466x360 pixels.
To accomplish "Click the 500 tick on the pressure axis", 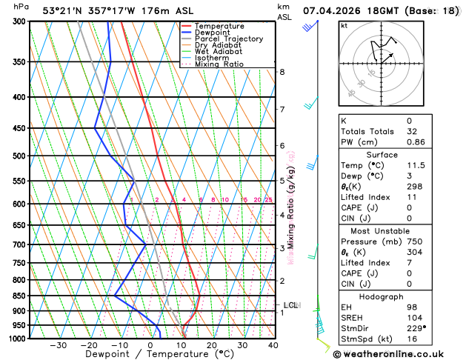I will [x=19, y=156].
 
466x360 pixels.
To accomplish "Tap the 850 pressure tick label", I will [x=19, y=296].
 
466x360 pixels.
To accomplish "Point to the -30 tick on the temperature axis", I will [x=58, y=345].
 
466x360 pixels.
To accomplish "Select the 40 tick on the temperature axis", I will [x=273, y=345].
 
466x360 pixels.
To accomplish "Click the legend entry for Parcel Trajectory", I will [x=228, y=39].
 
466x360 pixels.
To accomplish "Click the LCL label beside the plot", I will [x=291, y=305].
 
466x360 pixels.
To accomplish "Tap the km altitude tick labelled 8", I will [x=282, y=72].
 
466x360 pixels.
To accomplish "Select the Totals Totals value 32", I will [x=409, y=131].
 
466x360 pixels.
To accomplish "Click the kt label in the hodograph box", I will [x=344, y=25].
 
